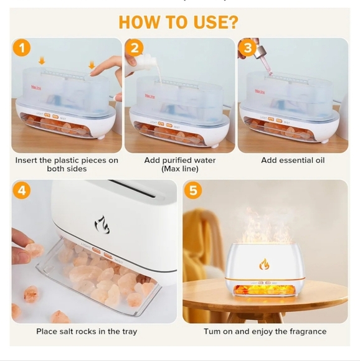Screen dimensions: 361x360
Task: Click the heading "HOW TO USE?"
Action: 178,22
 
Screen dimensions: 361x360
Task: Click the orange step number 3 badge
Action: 247,48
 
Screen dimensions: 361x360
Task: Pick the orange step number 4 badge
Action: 22,191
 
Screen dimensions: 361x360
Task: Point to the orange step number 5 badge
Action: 194,191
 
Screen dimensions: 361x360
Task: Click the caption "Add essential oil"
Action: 293,160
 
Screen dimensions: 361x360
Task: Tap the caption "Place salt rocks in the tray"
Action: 87,331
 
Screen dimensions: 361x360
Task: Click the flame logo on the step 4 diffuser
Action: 102,225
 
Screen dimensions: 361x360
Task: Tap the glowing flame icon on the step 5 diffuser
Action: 265,264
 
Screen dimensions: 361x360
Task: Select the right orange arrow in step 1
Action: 92,64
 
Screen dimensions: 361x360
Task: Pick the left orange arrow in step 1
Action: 42,60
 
